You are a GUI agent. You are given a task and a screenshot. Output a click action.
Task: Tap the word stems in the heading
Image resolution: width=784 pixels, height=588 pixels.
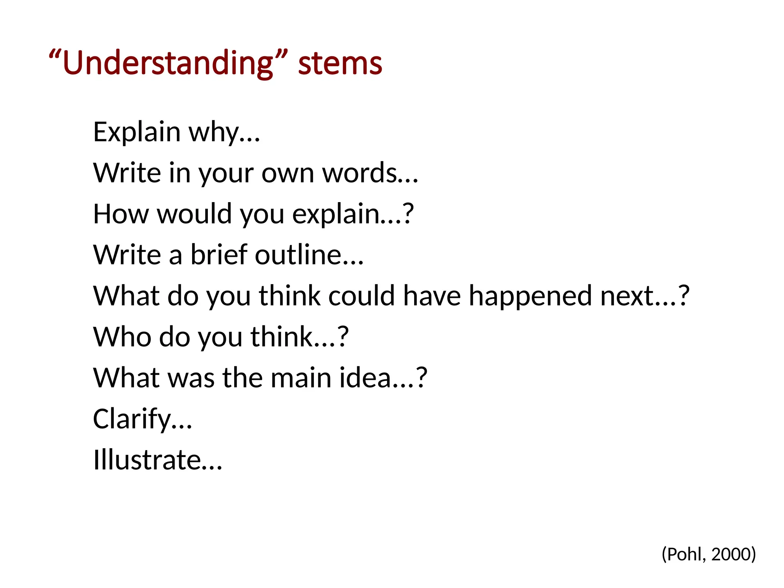340,63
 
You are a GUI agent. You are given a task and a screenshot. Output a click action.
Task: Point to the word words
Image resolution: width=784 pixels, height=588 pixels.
360,173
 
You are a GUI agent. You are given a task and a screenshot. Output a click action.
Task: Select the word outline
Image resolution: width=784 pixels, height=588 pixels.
299,255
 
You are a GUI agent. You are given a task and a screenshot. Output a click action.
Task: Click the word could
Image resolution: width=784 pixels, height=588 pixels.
361,296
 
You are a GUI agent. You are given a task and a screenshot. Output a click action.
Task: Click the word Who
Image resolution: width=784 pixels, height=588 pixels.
122,337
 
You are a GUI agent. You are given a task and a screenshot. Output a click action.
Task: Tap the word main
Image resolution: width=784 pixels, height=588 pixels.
301,378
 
